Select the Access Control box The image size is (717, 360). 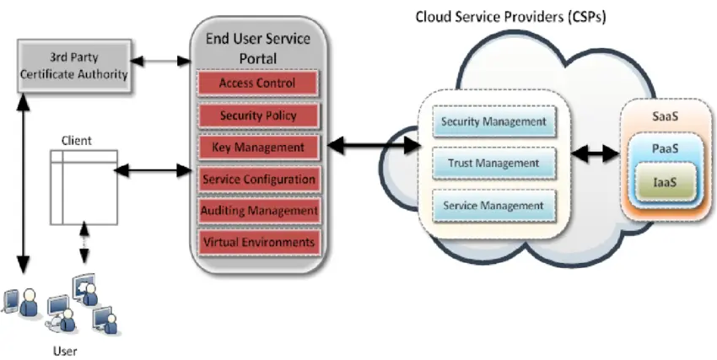257,83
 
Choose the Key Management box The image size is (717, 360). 257,148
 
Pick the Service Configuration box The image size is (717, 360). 257,179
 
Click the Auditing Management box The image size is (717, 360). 257,210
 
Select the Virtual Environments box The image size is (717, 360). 257,242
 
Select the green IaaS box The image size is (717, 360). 662,181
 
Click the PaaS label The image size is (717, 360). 662,148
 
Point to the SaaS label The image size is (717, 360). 662,120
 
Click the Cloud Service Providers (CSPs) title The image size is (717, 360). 499,17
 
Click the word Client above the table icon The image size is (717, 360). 77,141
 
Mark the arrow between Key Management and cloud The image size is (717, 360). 373,146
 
